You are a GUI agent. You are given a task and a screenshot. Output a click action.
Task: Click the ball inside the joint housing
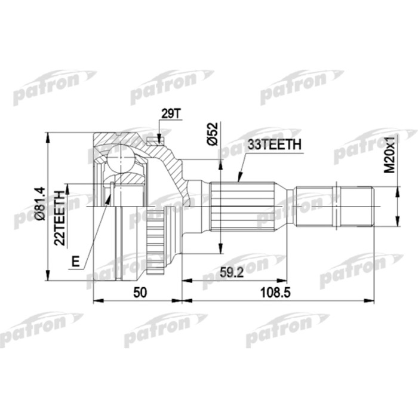(123, 158)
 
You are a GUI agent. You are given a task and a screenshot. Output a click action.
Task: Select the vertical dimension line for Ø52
(220, 203)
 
